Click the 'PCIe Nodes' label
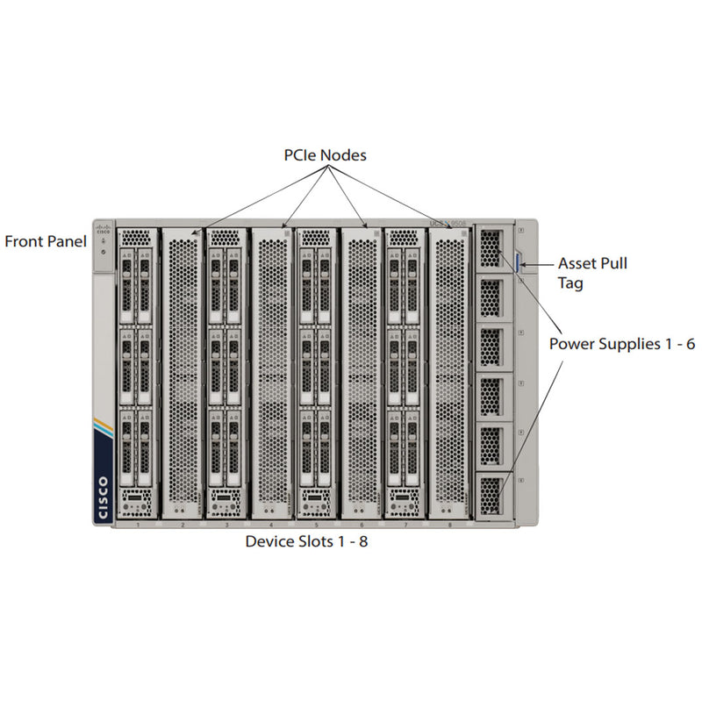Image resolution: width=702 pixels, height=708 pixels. point(324,155)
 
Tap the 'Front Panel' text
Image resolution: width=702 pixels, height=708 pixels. point(46,241)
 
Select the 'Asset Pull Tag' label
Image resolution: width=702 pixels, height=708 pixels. point(592,272)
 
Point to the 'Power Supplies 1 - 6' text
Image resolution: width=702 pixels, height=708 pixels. point(622,344)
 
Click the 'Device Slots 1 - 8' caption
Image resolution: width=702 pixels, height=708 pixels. point(306,542)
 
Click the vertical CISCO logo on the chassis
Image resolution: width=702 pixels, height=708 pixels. point(104,497)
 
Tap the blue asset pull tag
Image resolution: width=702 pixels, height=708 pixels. point(519,261)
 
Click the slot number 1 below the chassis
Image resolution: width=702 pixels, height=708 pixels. point(139,525)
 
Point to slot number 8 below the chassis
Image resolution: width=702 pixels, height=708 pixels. point(450,525)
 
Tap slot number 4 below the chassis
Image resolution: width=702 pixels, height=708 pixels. point(272,525)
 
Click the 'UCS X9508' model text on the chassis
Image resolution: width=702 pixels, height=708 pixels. point(457,224)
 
